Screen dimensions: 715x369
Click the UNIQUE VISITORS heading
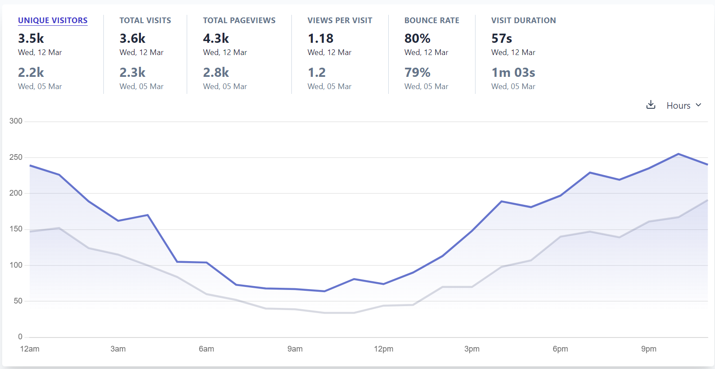pos(53,21)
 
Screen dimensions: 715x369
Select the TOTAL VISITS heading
pos(145,21)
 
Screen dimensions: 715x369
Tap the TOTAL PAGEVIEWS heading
pos(239,21)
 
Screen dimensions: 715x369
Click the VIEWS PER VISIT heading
pos(340,21)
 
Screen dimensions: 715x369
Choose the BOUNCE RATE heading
pos(431,21)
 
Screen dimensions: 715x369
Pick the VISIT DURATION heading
pos(523,21)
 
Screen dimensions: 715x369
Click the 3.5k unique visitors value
pos(31,38)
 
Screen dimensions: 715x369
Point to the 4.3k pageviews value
pos(216,38)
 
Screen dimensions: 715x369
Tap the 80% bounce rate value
pos(417,38)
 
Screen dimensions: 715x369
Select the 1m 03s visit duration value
pos(513,72)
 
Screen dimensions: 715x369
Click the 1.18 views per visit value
pos(321,38)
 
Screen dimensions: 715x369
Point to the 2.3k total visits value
pos(133,72)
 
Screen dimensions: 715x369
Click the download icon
pos(651,105)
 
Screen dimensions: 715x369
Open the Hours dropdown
pos(684,105)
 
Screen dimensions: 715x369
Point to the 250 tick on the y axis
pos(16,157)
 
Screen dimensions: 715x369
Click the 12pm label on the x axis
pos(383,349)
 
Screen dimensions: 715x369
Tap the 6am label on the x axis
pos(206,349)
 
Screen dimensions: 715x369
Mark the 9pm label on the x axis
pos(649,349)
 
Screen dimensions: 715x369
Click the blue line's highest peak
pos(678,154)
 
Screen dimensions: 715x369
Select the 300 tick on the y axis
pos(16,121)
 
